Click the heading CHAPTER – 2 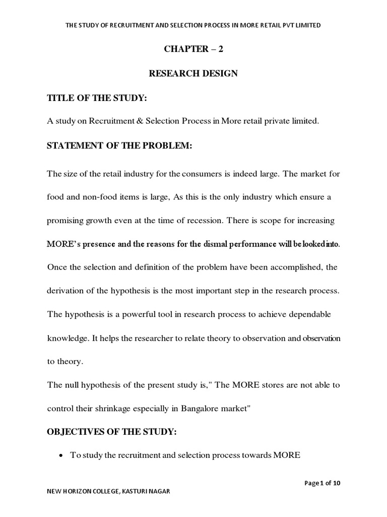pos(193,49)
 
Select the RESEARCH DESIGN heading pos(193,74)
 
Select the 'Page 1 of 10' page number pos(323,483)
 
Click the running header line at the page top pos(193,25)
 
